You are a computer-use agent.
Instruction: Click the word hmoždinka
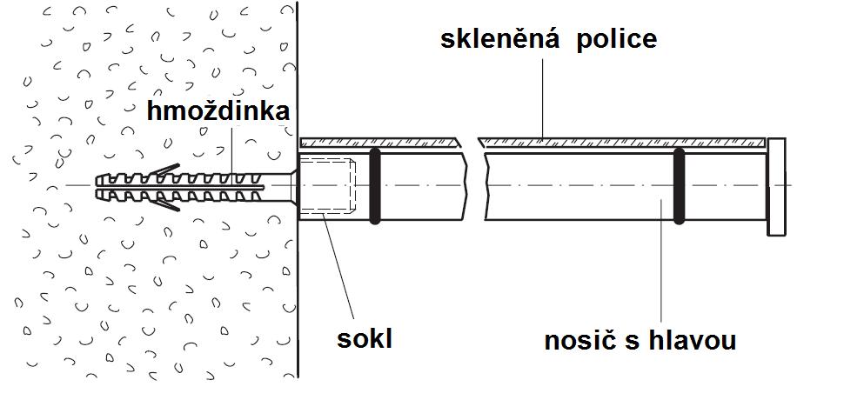pyautogui.click(x=217, y=112)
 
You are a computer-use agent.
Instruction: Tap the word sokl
pyautogui.click(x=365, y=337)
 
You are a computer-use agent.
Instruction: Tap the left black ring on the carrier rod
pyautogui.click(x=375, y=185)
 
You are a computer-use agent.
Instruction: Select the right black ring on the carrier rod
pyautogui.click(x=678, y=185)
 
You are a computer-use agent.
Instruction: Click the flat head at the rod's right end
pyautogui.click(x=776, y=186)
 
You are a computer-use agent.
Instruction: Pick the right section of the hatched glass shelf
pyautogui.click(x=622, y=141)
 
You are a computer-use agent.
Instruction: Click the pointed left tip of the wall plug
pyautogui.click(x=94, y=185)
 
